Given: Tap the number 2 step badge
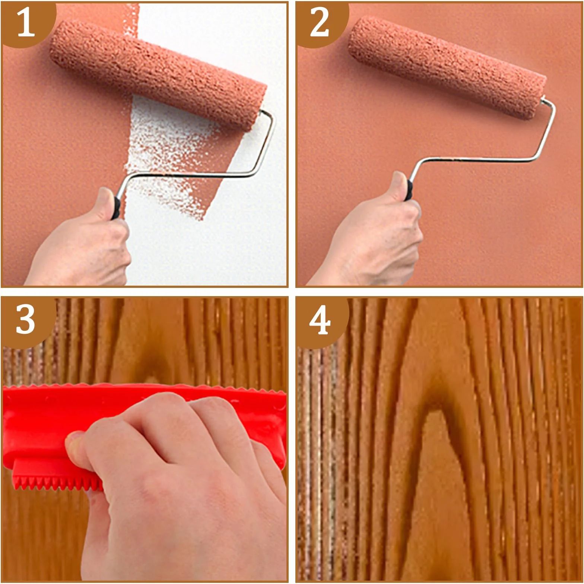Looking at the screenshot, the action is [320, 22].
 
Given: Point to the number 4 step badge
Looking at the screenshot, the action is [320, 320].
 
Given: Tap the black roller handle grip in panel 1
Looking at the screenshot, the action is [116, 208].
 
